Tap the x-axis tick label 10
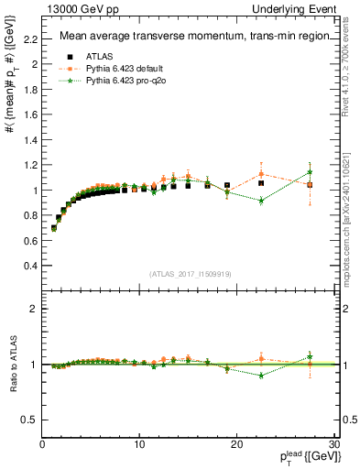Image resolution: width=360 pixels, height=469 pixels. tap(139, 443)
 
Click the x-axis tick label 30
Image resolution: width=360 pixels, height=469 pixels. tap(334, 443)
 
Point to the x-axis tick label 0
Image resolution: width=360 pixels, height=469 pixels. tap(42, 443)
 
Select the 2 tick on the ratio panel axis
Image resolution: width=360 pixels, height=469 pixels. tap(33, 309)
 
